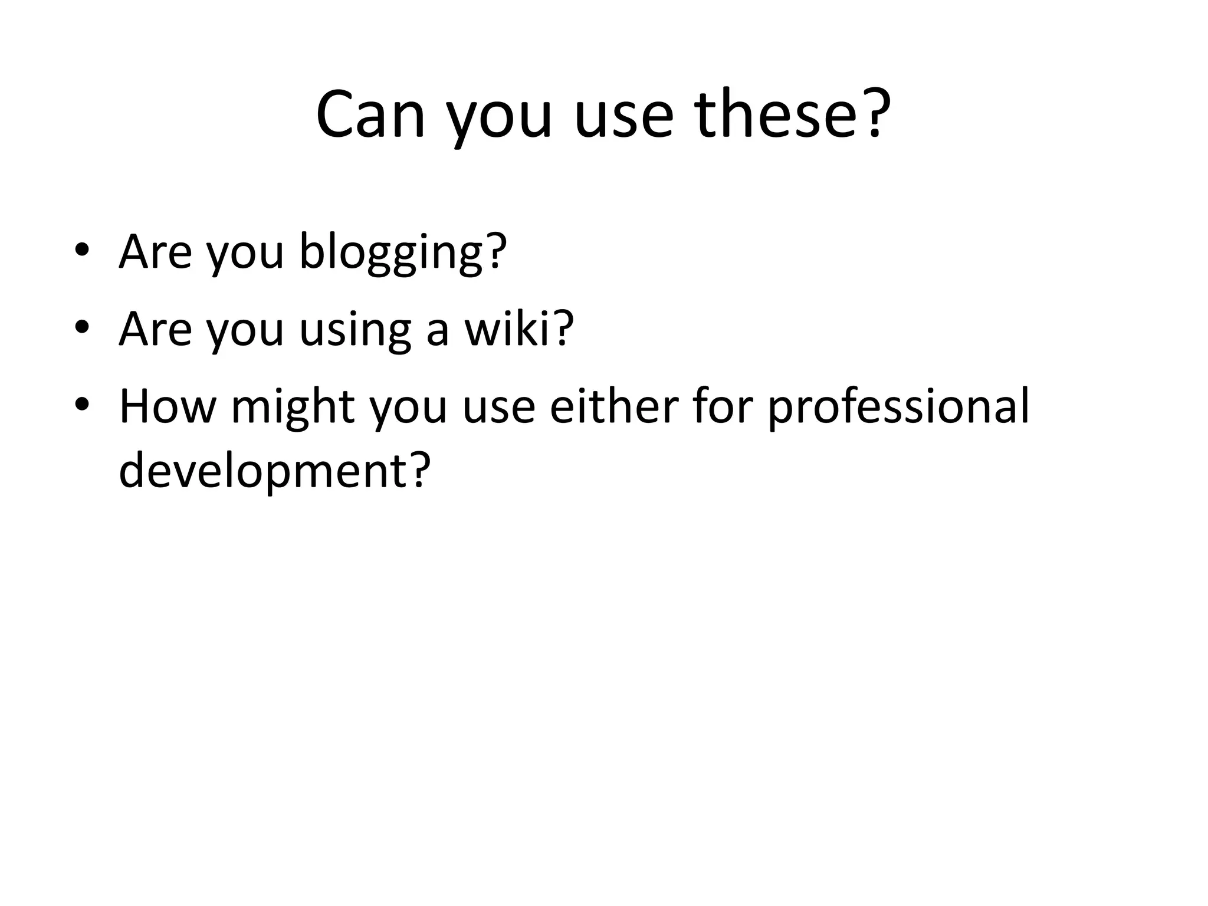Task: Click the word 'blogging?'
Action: coord(403,252)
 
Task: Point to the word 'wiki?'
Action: coord(519,329)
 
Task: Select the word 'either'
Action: coord(614,406)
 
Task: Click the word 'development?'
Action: coord(275,472)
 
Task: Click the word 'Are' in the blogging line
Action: coord(155,252)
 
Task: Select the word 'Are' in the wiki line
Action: coord(155,329)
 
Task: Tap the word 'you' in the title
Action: coord(498,116)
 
